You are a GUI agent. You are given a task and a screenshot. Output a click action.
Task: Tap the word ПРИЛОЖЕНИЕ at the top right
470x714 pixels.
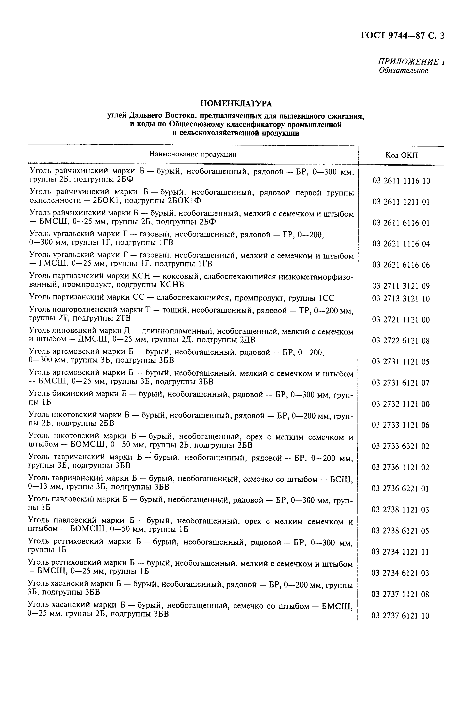(x=408, y=62)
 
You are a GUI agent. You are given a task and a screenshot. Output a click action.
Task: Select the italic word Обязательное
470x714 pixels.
(x=403, y=71)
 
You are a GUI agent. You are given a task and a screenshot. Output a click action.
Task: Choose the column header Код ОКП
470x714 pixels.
(x=401, y=155)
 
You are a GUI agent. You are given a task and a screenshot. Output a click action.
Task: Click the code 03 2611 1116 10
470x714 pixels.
(x=401, y=181)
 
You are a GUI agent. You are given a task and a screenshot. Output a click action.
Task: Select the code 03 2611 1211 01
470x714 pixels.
(x=401, y=202)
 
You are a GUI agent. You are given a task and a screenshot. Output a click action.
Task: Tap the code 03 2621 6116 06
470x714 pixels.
(x=401, y=265)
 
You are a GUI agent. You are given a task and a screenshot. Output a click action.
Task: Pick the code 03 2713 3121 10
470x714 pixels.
(x=401, y=299)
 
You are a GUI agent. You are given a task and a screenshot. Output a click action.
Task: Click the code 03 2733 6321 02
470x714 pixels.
(x=401, y=446)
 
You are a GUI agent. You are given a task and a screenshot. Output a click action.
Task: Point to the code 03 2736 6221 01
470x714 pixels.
(x=401, y=489)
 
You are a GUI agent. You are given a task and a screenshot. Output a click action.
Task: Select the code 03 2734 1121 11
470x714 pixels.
(x=400, y=552)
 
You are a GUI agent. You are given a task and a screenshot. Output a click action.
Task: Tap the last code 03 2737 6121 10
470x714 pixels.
(x=400, y=616)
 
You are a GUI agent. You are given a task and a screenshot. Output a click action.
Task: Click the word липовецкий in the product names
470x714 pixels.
(x=75, y=332)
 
